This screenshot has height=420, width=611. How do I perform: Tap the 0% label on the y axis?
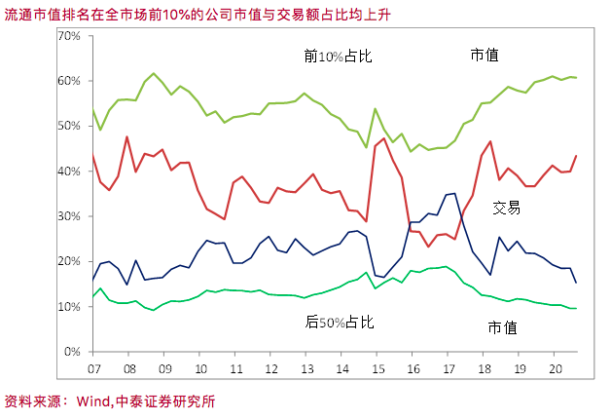73,352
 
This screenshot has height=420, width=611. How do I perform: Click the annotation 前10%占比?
339,57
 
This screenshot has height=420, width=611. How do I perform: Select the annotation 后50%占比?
340,321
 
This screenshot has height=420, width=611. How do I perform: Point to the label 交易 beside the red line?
507,208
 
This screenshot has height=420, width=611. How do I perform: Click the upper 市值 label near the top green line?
485,56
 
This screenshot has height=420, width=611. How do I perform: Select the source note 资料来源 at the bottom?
35,401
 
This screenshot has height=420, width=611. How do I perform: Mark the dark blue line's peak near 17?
454,193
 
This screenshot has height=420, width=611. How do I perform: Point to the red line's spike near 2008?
126,136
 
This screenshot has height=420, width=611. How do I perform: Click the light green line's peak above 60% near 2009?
154,73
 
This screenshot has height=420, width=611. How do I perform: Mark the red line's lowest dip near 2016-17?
428,247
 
